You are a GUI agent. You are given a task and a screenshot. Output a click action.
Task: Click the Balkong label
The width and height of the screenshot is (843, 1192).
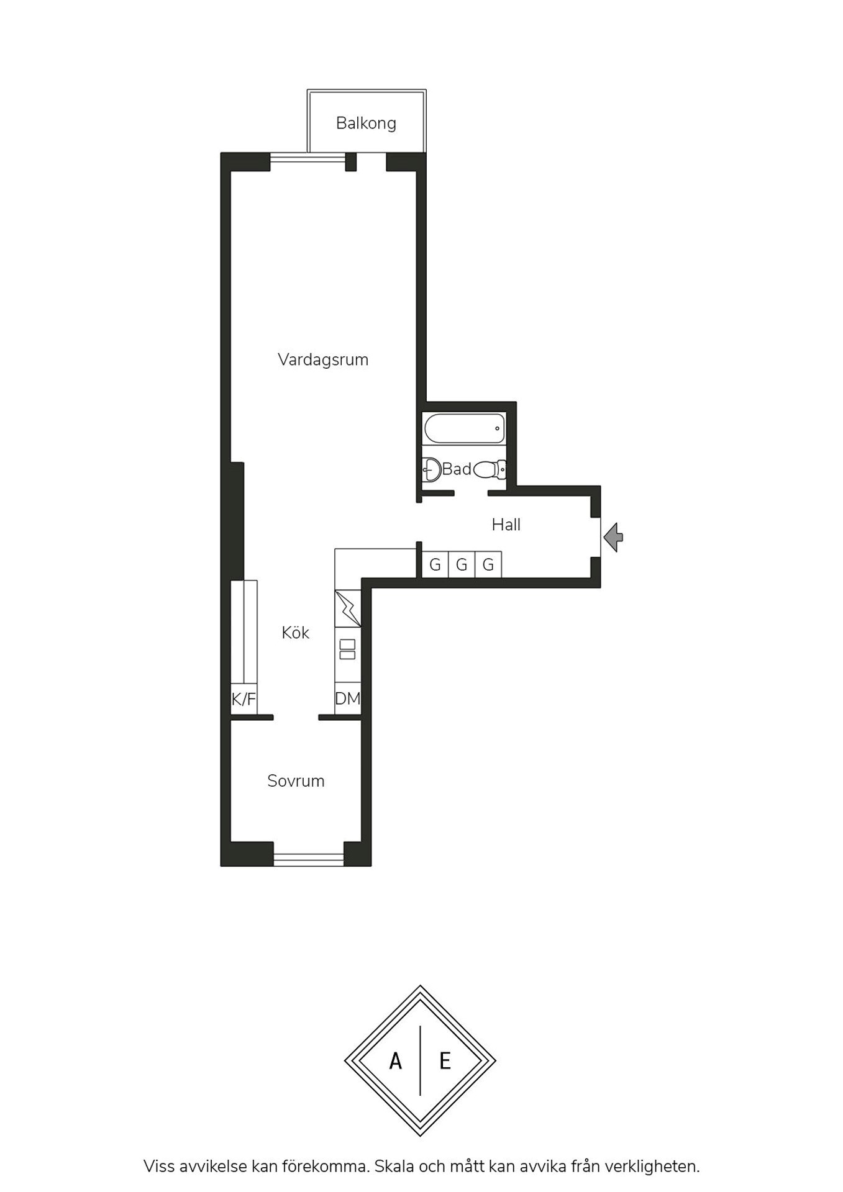click(366, 123)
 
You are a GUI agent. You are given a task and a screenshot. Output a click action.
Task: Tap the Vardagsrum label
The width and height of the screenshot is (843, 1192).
click(323, 359)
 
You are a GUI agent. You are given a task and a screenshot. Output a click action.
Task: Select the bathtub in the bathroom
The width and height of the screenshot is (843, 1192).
click(465, 428)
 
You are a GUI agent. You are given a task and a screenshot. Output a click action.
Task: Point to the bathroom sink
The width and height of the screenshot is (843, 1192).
click(431, 469)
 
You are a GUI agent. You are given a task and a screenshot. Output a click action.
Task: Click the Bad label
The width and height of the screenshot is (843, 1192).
click(457, 469)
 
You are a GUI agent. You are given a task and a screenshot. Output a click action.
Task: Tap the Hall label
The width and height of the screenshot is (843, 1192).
click(506, 525)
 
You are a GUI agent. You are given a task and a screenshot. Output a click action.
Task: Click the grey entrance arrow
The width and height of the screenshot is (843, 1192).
click(613, 537)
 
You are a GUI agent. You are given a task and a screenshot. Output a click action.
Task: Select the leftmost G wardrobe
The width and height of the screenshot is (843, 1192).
click(435, 564)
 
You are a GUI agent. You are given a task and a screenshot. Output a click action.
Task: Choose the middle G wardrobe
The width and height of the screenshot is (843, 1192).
click(462, 564)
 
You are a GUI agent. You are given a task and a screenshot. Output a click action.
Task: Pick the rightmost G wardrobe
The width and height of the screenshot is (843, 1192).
click(488, 564)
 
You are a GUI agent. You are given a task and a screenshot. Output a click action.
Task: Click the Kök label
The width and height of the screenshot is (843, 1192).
click(295, 633)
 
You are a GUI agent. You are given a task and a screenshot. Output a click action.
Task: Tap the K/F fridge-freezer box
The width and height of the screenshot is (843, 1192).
click(244, 699)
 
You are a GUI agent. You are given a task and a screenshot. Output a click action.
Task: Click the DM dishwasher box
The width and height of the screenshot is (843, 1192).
click(347, 698)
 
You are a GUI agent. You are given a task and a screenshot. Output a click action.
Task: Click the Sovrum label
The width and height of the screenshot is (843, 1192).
click(296, 780)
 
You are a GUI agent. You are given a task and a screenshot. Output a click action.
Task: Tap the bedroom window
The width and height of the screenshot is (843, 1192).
click(309, 859)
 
